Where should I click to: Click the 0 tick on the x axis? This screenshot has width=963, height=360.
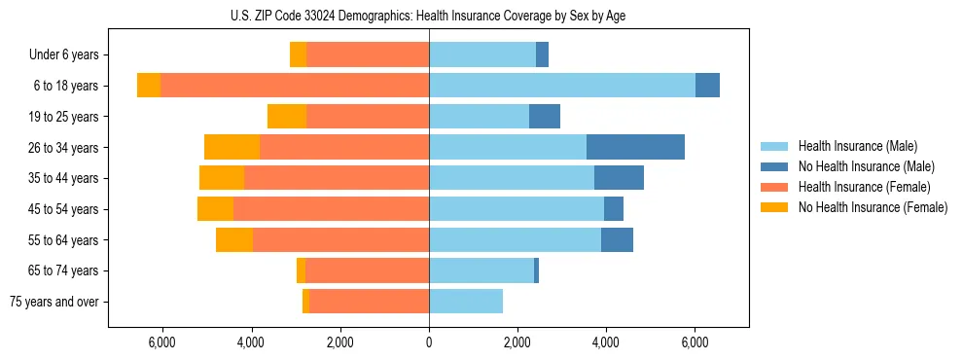click(429, 342)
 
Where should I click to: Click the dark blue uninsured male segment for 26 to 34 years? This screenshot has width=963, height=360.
click(635, 147)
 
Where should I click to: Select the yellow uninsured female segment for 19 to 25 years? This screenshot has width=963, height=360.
click(287, 117)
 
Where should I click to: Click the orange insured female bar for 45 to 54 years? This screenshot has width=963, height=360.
click(331, 209)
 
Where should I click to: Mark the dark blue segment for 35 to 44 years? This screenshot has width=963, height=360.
click(619, 178)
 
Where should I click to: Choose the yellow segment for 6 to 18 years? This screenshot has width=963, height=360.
click(149, 86)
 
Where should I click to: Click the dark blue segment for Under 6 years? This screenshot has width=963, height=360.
click(542, 55)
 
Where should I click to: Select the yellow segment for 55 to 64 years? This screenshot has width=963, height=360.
click(234, 240)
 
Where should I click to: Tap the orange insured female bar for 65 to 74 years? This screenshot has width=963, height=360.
click(367, 270)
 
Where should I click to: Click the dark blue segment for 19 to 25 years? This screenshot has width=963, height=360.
click(545, 117)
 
